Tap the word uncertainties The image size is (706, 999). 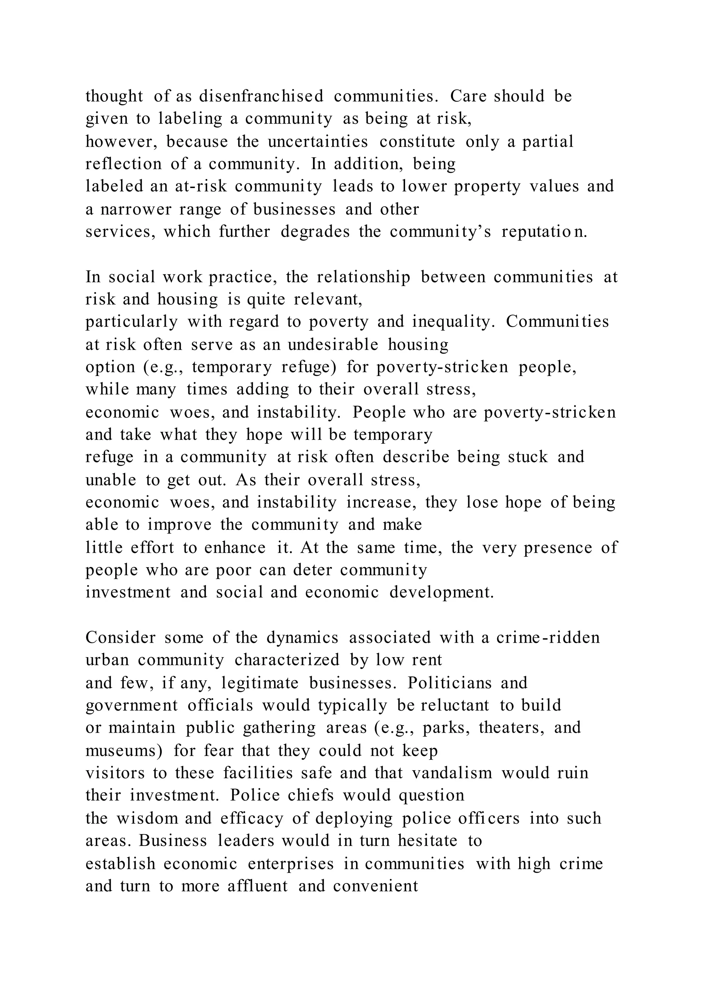(318, 141)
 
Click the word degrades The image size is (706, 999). (315, 232)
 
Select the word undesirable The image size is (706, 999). (333, 345)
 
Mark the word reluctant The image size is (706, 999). (455, 705)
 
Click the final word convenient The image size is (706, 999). (376, 886)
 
